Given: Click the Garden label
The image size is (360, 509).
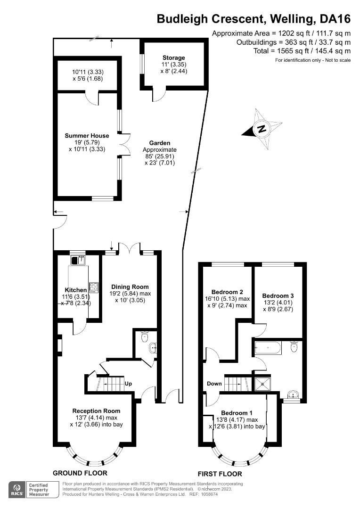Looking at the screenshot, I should (x=159, y=143).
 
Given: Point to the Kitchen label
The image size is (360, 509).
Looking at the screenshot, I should (x=75, y=290).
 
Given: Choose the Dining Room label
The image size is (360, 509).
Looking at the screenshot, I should (x=130, y=287).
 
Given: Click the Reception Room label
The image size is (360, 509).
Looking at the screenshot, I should (x=96, y=410).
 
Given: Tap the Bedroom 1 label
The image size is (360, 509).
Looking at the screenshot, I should (x=237, y=412).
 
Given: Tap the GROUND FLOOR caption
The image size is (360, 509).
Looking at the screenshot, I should (x=80, y=473).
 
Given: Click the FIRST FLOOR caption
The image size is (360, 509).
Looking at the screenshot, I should (x=220, y=474).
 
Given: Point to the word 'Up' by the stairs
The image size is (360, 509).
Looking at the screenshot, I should (x=128, y=383).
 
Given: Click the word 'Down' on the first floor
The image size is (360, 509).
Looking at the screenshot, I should (x=214, y=384).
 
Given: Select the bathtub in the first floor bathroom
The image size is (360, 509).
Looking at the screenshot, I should (x=268, y=349).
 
